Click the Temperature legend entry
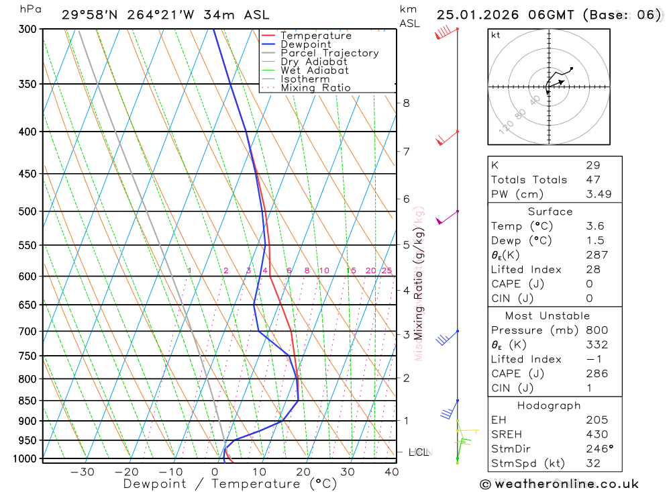[x=315, y=36]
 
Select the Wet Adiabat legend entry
[x=314, y=70]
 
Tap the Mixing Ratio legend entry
[x=315, y=88]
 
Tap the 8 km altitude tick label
[x=406, y=103]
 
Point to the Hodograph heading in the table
[x=550, y=405]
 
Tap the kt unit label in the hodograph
[x=495, y=35]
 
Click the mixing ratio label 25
[x=386, y=270]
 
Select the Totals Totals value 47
[x=592, y=179]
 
